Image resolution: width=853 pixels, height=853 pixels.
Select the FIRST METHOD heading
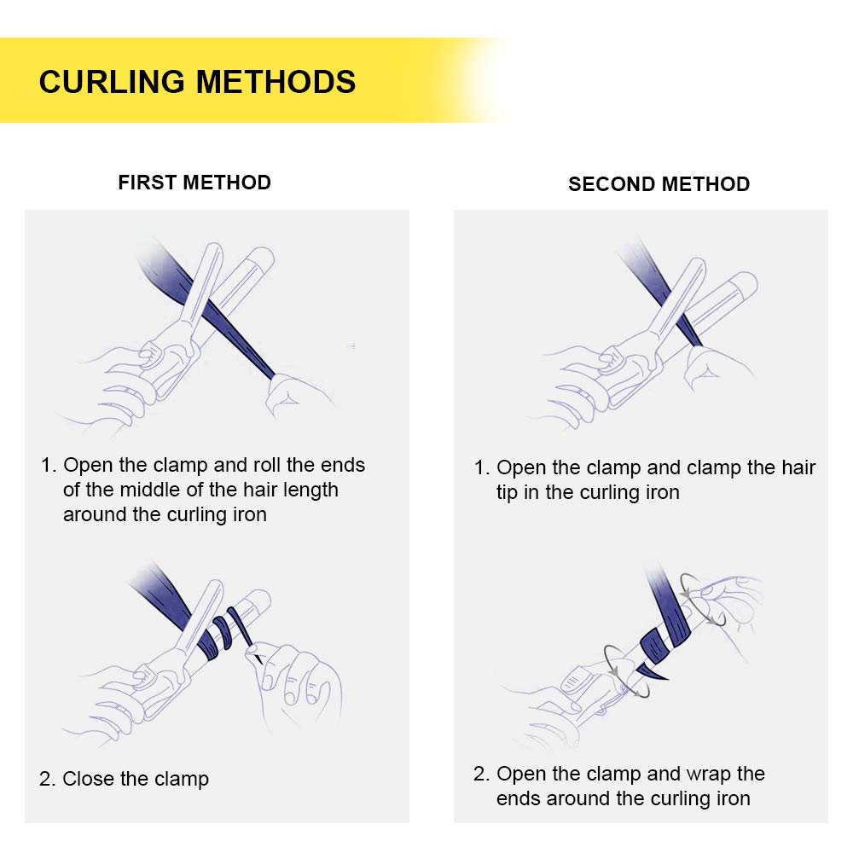pos(194,183)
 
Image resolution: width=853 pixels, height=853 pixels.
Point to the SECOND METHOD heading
pos(659,184)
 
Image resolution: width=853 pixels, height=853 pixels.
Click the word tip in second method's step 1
pos(508,493)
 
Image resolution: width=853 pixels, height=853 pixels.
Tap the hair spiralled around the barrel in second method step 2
pos(661,635)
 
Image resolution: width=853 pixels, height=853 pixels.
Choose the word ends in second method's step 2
pos(519,799)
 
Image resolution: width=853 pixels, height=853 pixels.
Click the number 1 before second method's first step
pos(479,468)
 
